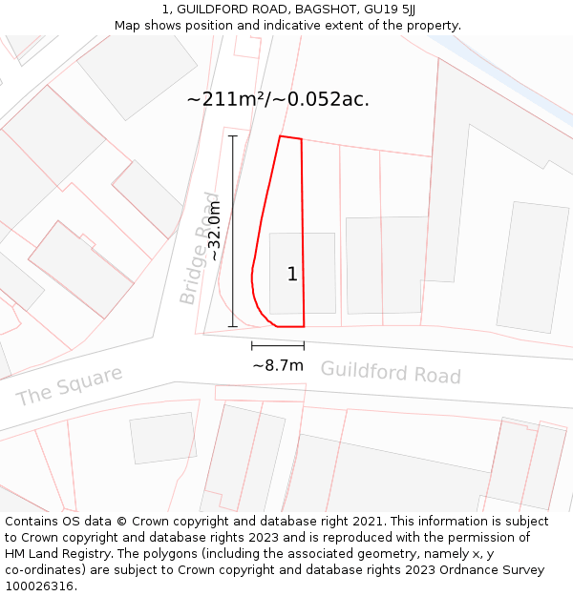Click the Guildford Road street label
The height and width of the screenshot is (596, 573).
click(x=390, y=372)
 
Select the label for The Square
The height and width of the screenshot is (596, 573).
click(x=69, y=384)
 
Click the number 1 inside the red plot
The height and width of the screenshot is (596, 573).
click(x=292, y=275)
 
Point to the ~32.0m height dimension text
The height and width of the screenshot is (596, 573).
click(x=215, y=231)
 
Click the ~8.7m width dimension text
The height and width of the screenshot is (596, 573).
click(x=278, y=365)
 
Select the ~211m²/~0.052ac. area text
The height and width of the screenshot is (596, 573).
click(x=278, y=99)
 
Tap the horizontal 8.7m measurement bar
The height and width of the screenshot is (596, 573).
click(x=278, y=345)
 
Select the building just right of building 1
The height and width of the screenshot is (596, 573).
click(x=386, y=265)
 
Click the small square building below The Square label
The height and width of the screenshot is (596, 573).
click(x=162, y=438)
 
